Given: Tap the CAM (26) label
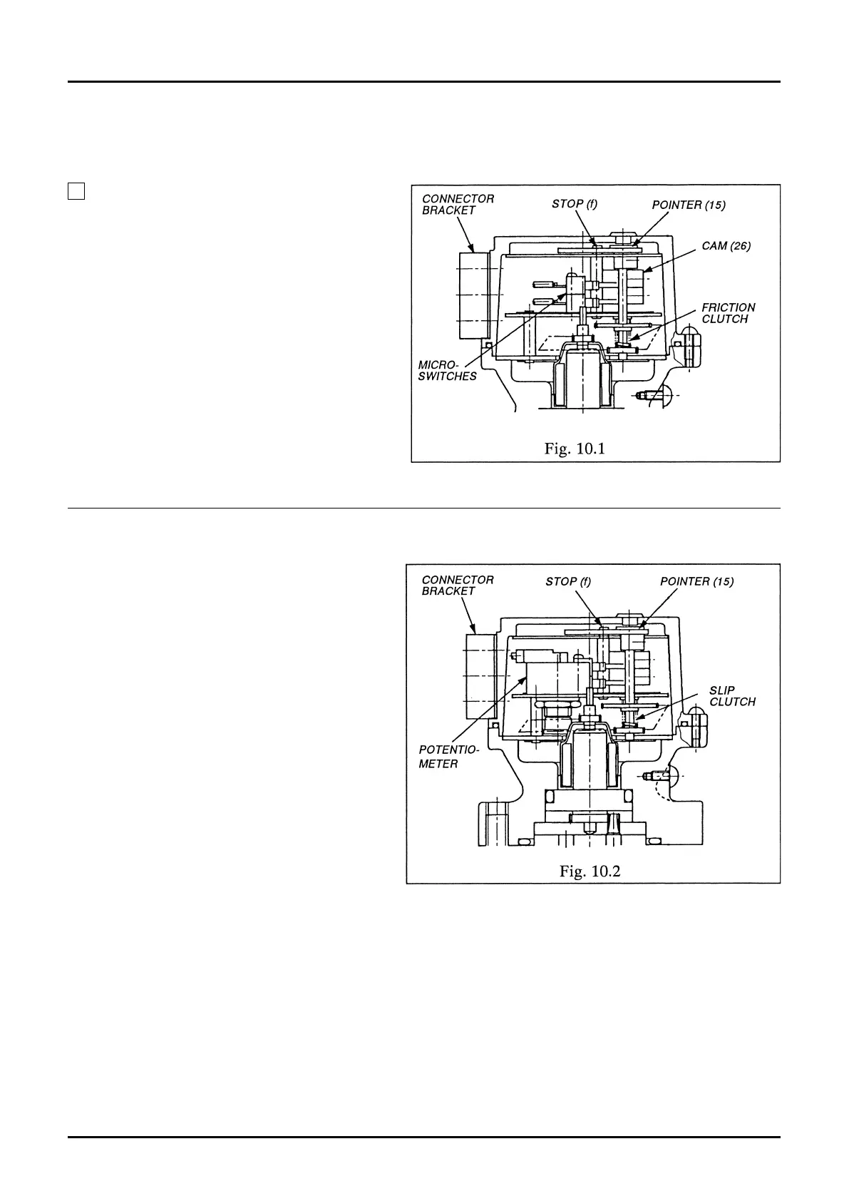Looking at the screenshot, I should pos(726,246).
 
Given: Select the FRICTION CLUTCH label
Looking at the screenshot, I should pos(728,313).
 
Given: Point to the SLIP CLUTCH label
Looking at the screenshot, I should pos(732,696).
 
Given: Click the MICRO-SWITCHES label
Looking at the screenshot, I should pos(447,370).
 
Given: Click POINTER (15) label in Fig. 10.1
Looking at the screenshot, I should pos(689,205).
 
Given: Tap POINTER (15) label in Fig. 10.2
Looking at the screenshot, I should pos(696,581).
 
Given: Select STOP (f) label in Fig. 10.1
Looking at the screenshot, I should pos(574,204).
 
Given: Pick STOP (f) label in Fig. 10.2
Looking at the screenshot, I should pos(568,581).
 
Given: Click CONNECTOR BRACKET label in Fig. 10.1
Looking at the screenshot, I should pos(458,204).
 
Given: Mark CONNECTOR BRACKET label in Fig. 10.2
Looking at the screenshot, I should pos(458,585).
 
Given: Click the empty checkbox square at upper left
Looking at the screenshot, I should pos(76,190).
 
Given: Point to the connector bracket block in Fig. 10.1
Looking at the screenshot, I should pos(473,295).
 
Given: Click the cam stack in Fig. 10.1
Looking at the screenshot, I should pos(637,285).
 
